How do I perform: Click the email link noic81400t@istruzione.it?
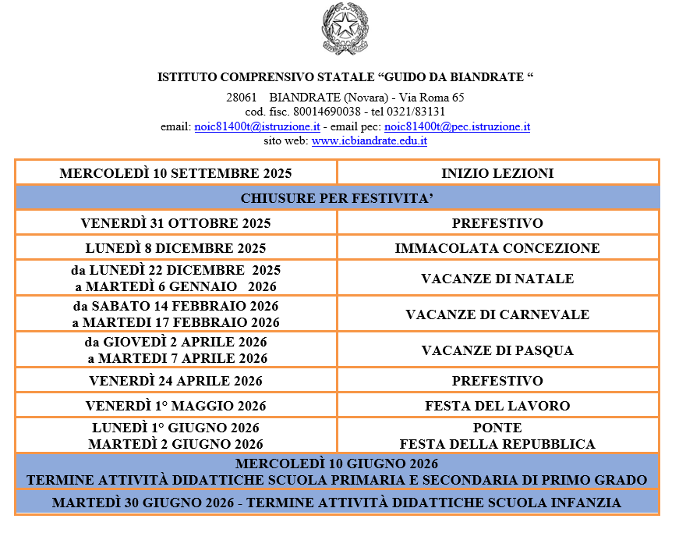[x=256, y=126]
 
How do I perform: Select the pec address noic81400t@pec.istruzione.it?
[x=457, y=126]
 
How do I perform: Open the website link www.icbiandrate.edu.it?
[x=369, y=141]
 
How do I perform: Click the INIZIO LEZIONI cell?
[x=497, y=173]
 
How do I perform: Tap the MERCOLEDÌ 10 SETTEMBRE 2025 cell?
[x=175, y=173]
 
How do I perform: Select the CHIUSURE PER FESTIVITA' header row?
[x=337, y=198]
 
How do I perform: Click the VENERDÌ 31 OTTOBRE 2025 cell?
[x=175, y=223]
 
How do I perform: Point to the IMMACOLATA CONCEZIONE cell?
[x=497, y=248]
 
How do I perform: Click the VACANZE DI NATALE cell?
[x=497, y=279]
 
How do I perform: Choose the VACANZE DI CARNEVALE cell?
[x=497, y=314]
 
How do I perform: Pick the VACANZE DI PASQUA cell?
[x=497, y=350]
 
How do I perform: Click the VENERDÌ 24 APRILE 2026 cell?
[x=175, y=381]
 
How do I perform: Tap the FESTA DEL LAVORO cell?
[x=497, y=406]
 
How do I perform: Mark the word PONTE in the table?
[x=497, y=428]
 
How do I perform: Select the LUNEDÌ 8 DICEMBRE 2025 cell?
[x=175, y=248]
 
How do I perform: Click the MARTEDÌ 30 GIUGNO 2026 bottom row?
[x=337, y=503]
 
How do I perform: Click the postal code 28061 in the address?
[x=242, y=98]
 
